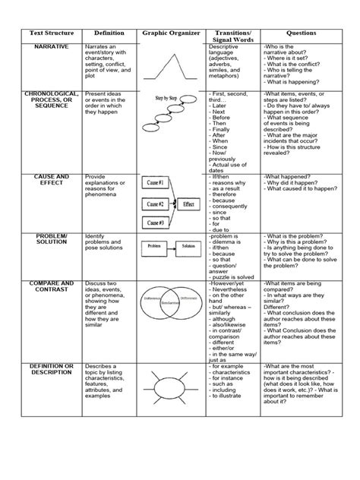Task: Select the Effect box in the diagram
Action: (x=189, y=204)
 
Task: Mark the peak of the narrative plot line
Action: (x=176, y=62)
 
